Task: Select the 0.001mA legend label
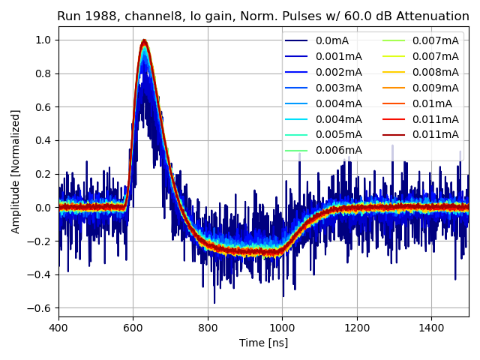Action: pos(338,57)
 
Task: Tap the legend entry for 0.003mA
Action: pos(338,88)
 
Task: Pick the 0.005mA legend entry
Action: pos(338,135)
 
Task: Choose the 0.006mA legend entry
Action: pos(338,150)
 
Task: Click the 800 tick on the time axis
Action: pos(208,327)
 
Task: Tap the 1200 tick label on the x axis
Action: pos(357,327)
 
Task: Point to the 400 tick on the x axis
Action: pos(58,327)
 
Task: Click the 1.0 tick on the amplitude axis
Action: pos(43,40)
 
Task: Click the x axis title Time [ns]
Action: pos(263,343)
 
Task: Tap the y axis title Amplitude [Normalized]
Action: pos(16,171)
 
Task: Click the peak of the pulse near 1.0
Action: pos(144,40)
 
